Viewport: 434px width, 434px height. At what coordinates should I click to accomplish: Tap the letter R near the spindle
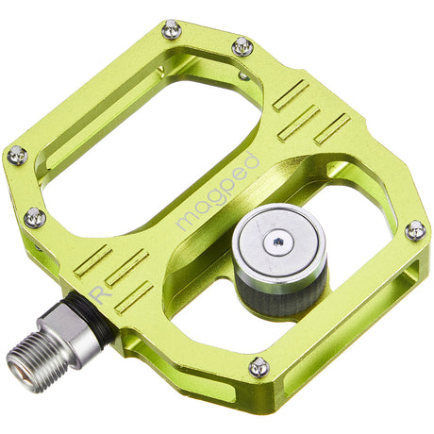point(96,295)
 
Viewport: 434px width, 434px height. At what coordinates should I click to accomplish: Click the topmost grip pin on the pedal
point(171,28)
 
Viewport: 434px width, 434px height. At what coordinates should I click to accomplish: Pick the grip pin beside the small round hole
point(242,45)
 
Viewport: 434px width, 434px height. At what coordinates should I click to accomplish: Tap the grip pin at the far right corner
point(414,229)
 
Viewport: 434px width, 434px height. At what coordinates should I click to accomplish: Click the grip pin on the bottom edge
point(259,366)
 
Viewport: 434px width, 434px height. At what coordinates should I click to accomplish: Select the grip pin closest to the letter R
point(34,217)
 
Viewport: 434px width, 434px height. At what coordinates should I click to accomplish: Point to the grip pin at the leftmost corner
point(17,156)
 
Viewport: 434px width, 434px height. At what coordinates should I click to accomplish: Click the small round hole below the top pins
point(244,75)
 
